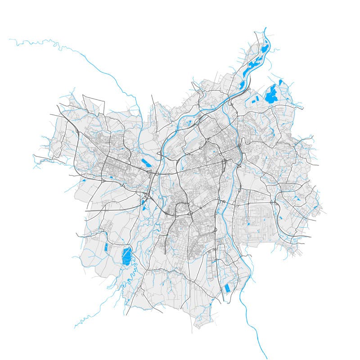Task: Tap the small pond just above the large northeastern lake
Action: coord(280,82)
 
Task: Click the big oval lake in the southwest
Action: coord(126,256)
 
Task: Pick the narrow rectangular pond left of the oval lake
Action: coord(106,247)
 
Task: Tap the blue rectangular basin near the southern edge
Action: coord(227,287)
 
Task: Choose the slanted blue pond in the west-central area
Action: coord(147,163)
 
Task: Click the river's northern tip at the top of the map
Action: coord(265,28)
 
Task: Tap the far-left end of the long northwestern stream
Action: coord(9,40)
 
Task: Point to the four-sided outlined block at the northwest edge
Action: coord(94,104)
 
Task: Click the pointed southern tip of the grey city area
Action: coord(198,327)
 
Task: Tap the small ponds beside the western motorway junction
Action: coord(144,205)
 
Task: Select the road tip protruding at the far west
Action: coord(33,155)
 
